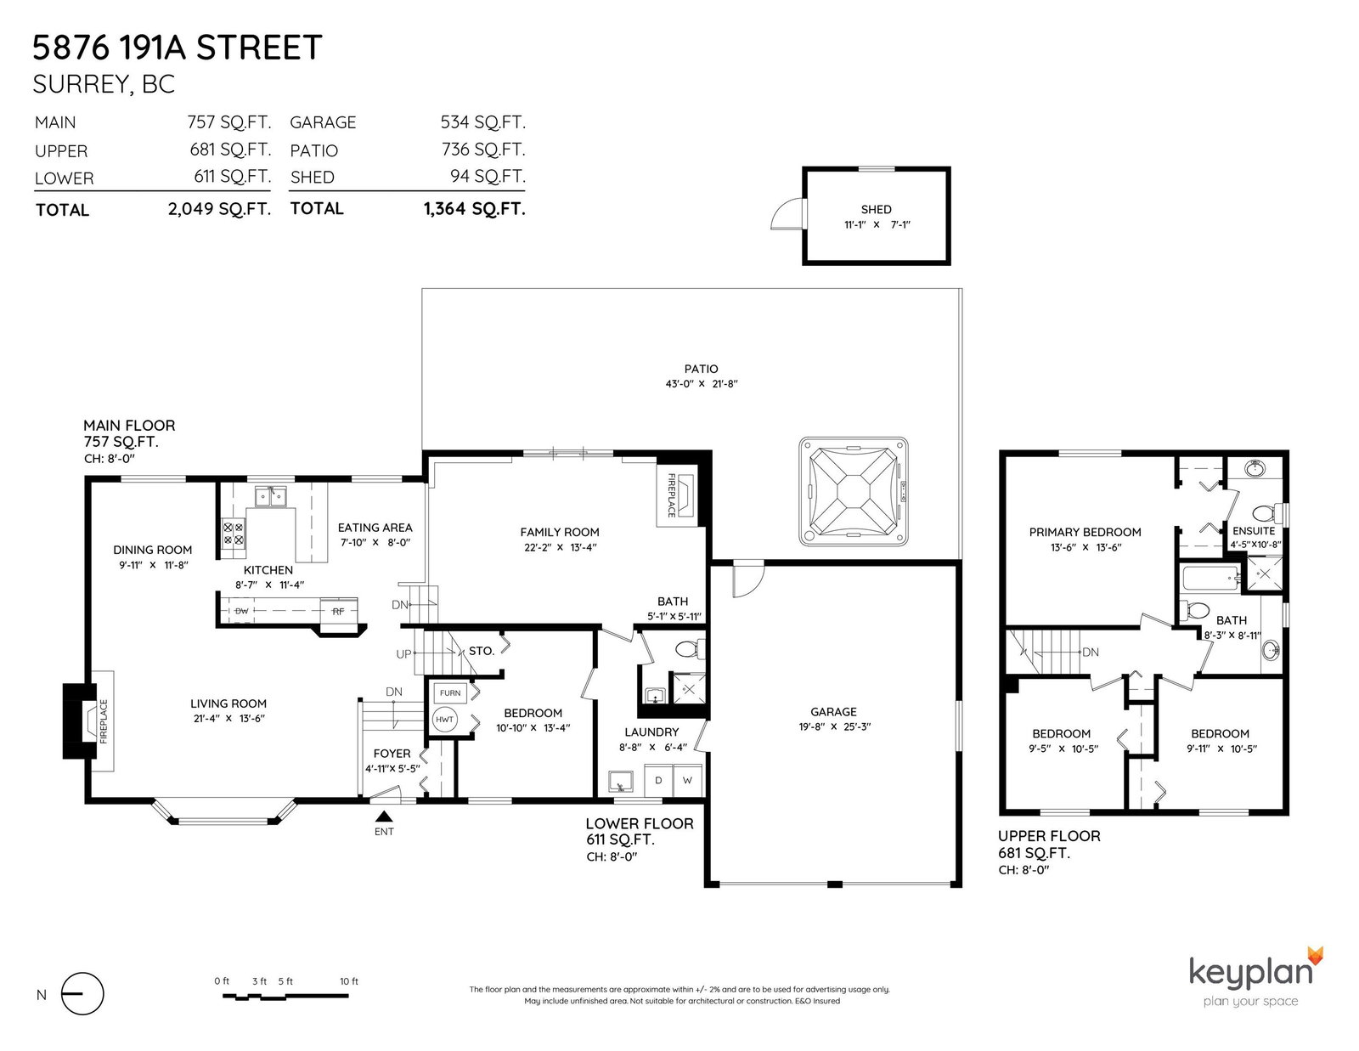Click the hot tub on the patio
point(853,491)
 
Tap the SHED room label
point(876,210)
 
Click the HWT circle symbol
point(445,720)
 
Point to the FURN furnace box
point(449,692)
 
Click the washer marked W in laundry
point(687,780)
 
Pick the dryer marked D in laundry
point(658,780)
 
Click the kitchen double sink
point(270,496)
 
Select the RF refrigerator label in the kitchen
point(338,611)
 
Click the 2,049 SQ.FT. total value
point(219,208)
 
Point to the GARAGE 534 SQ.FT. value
point(482,122)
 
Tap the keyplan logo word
point(1251,974)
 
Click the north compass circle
point(82,993)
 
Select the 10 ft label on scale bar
point(349,981)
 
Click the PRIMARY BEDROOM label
point(1085,533)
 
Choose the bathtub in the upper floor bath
point(1210,578)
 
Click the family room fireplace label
point(672,494)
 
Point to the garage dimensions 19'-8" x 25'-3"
point(834,726)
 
